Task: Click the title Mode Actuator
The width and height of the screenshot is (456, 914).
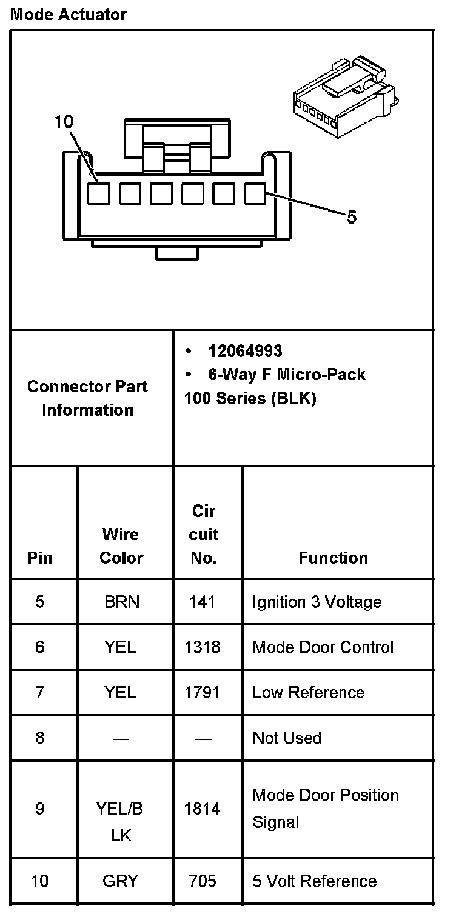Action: [x=69, y=15]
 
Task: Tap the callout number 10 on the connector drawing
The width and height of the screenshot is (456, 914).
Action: [x=63, y=122]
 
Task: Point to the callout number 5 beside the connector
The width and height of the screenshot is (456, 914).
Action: [x=352, y=217]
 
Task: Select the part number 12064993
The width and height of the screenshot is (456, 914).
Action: [x=245, y=351]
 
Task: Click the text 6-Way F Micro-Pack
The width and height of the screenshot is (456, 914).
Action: [x=286, y=375]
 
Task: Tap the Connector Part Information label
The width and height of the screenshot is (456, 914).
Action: [x=87, y=398]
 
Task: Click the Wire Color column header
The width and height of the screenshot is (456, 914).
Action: [x=121, y=545]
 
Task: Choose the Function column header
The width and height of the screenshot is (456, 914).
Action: [x=333, y=558]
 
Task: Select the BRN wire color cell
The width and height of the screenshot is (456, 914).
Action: [x=121, y=602]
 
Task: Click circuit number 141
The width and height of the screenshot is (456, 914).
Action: [x=203, y=602]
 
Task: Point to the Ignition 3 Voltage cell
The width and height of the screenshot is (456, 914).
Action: [x=317, y=602]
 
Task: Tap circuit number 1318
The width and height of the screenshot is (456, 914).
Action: [x=203, y=647]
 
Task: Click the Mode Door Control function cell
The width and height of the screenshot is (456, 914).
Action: [x=323, y=647]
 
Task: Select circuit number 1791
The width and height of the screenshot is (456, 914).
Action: [x=203, y=692]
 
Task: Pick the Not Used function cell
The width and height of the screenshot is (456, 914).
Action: [x=287, y=738]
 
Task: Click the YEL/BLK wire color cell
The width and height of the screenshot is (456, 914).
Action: [x=121, y=822]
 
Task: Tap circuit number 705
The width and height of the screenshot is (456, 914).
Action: [x=203, y=881]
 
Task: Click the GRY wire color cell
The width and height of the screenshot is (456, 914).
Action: [x=121, y=881]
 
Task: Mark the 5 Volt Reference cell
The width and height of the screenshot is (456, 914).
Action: [x=315, y=881]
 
